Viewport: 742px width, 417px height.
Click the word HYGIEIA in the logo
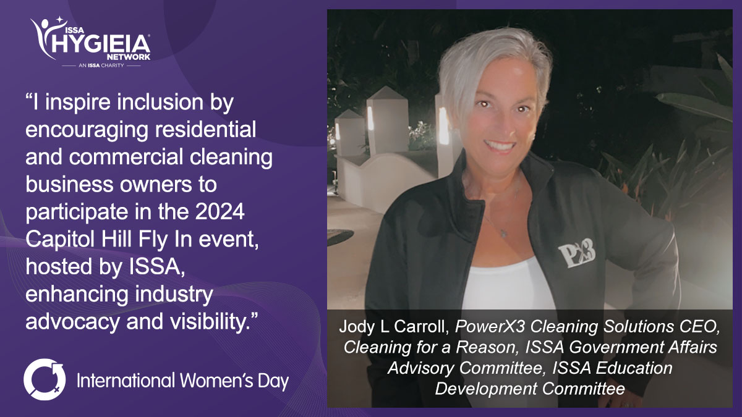pyautogui.click(x=101, y=44)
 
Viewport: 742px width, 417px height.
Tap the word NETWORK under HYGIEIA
pyautogui.click(x=129, y=57)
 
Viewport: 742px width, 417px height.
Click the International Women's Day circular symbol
pyautogui.click(x=45, y=379)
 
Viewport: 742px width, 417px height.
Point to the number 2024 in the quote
pyautogui.click(x=220, y=211)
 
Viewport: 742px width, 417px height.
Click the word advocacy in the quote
pyautogui.click(x=72, y=322)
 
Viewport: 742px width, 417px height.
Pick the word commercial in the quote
pyautogui.click(x=126, y=156)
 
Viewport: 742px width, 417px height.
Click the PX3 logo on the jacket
pyautogui.click(x=577, y=254)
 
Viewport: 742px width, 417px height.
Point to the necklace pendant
pyautogui.click(x=503, y=234)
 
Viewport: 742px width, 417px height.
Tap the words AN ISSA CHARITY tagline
pyautogui.click(x=101, y=65)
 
